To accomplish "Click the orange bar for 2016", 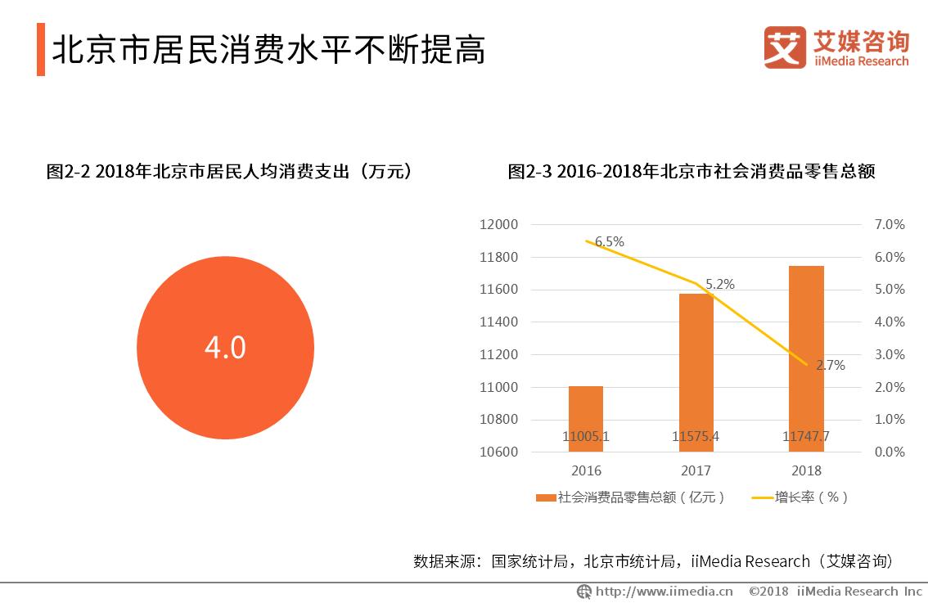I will coord(585,417).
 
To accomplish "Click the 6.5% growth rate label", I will coord(610,241).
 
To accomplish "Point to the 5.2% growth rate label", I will coord(720,285).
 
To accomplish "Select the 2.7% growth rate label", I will coord(830,366).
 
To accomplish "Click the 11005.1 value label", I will coord(586,437).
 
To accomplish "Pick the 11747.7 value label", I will coord(806,437).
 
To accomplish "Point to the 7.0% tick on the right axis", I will coord(889,225).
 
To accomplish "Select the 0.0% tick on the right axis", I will coord(889,452).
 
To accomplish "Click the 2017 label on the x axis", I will coord(696,470).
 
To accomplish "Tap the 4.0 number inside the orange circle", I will coord(225,348).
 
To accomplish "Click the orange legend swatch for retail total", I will coord(546,497).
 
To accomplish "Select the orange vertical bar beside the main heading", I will coord(41,50).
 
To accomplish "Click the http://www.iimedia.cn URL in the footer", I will coord(664,591).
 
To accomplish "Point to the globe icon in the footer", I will coord(584,591).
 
